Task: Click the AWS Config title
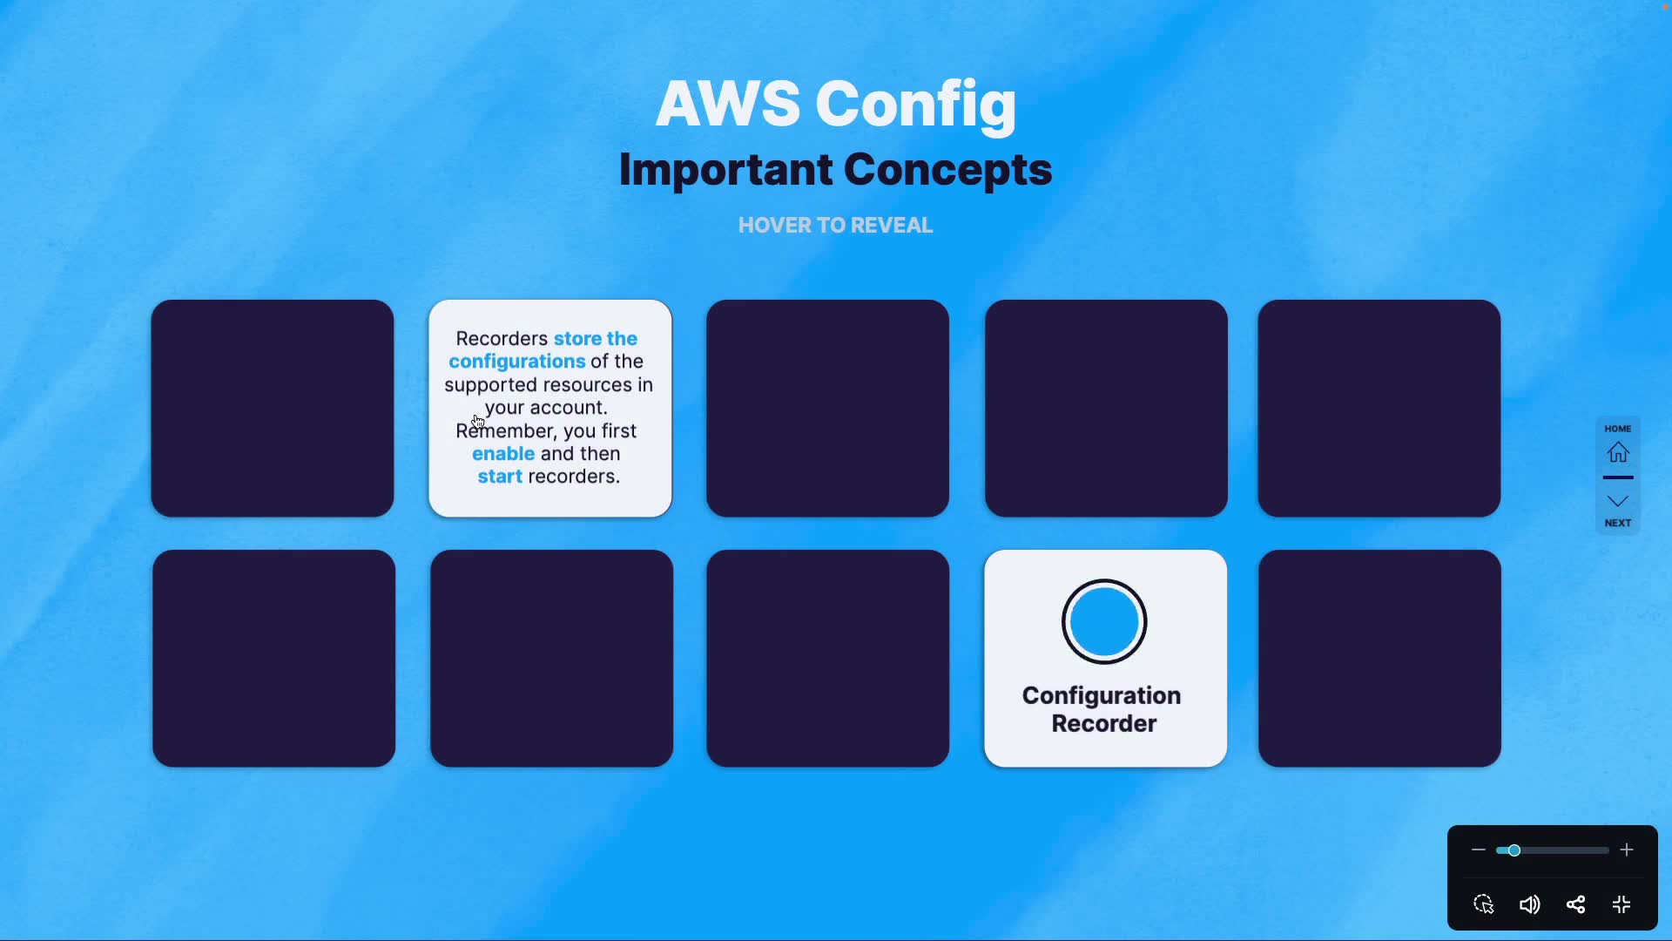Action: click(x=835, y=104)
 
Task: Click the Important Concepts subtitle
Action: click(x=835, y=169)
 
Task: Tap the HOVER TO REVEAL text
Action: click(x=835, y=225)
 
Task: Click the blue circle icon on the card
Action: click(x=1104, y=621)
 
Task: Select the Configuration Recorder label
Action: click(x=1102, y=709)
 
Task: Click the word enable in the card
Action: click(x=503, y=454)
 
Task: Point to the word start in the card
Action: click(x=500, y=477)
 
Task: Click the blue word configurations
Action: click(x=516, y=362)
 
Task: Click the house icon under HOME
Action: click(x=1618, y=452)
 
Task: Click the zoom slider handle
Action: click(x=1514, y=850)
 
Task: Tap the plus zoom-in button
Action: click(x=1627, y=850)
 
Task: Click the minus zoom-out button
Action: click(x=1478, y=850)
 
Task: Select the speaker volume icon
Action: click(x=1529, y=904)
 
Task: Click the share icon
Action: click(x=1575, y=904)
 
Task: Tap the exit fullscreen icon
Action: click(x=1621, y=904)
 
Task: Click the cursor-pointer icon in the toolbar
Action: click(x=1484, y=904)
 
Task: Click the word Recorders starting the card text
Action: click(x=502, y=339)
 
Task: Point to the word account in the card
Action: click(x=567, y=408)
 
